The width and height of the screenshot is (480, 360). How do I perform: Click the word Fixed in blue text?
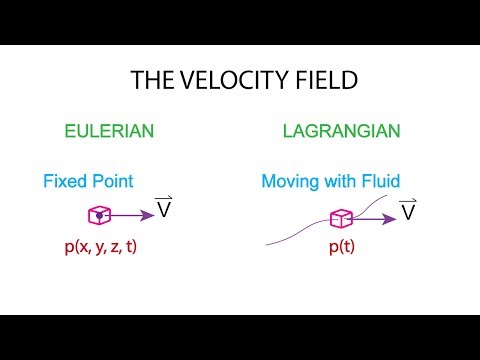tap(65, 182)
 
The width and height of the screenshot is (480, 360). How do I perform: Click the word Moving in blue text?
tap(289, 182)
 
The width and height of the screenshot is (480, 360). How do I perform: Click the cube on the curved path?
tap(340, 218)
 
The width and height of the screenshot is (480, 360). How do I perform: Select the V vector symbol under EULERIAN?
tap(163, 209)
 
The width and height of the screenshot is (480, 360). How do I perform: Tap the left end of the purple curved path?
tap(266, 244)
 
